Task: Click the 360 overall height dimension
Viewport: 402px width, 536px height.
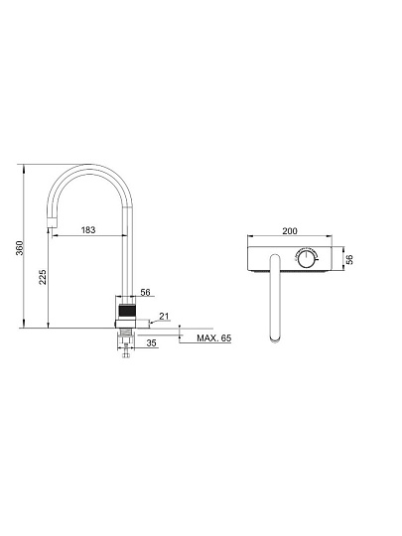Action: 20,248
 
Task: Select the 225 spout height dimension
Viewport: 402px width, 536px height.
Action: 43,277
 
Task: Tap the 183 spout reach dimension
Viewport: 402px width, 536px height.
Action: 88,229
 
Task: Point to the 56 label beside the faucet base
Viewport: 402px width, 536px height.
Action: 145,292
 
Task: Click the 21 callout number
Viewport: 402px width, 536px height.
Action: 164,316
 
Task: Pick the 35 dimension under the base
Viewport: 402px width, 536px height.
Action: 151,342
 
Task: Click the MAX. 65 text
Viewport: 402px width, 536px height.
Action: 214,338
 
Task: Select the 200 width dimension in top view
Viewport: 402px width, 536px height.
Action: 290,231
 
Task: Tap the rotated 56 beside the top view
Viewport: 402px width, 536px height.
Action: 348,259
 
